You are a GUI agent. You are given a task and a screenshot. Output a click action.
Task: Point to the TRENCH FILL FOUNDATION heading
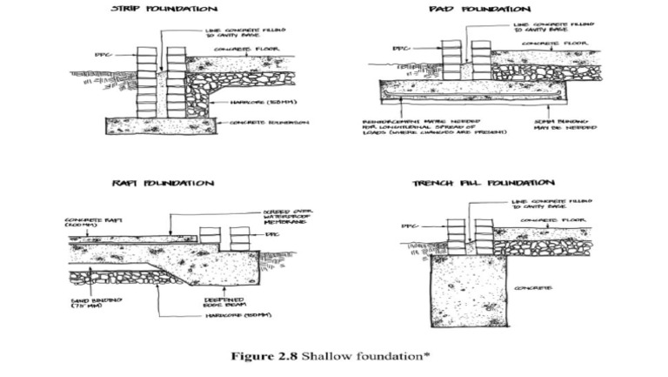(x=483, y=184)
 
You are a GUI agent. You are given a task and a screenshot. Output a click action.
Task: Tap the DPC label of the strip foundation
(x=101, y=56)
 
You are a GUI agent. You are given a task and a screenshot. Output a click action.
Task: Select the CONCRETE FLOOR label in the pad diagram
(x=560, y=43)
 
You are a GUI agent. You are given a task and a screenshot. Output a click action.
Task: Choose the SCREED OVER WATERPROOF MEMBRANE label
(x=288, y=216)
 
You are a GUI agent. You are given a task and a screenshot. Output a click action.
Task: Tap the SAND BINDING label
(x=90, y=304)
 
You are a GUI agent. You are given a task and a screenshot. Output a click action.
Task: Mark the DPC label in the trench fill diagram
(x=409, y=226)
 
